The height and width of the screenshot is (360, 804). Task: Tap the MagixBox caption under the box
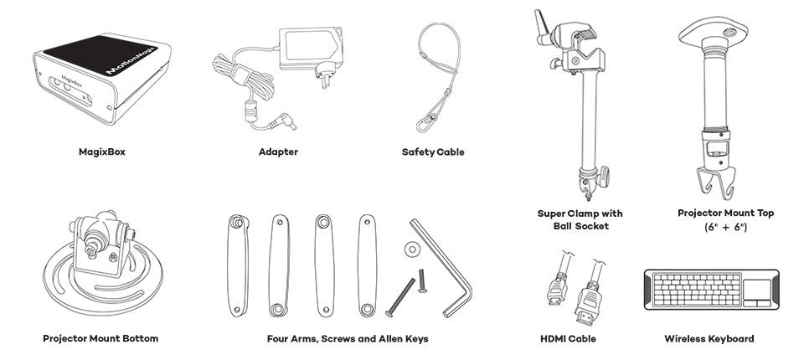102,152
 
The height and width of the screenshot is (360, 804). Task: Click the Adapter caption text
278,152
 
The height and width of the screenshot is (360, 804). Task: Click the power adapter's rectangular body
311,47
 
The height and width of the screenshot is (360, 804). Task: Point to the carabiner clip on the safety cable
426,123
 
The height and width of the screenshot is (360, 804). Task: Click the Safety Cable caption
433,152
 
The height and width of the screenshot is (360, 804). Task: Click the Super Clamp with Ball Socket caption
580,219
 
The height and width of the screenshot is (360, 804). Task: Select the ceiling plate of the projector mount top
713,32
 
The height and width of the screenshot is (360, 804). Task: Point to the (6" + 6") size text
725,227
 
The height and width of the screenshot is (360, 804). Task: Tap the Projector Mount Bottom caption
100,338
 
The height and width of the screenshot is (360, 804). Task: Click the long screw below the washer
400,297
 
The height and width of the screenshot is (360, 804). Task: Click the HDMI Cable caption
568,338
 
